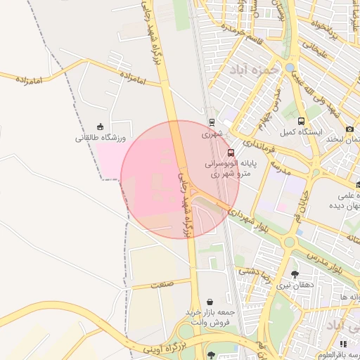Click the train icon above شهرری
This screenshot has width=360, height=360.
(x=212, y=120)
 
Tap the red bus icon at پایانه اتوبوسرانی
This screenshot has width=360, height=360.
(x=232, y=152)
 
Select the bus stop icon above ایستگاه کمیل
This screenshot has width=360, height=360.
(x=302, y=121)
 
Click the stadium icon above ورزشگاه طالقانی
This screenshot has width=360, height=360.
(x=100, y=127)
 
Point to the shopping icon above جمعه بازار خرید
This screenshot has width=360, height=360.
(x=210, y=302)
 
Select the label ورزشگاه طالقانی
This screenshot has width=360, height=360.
(x=100, y=139)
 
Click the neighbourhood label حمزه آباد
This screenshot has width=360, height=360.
(x=254, y=70)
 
